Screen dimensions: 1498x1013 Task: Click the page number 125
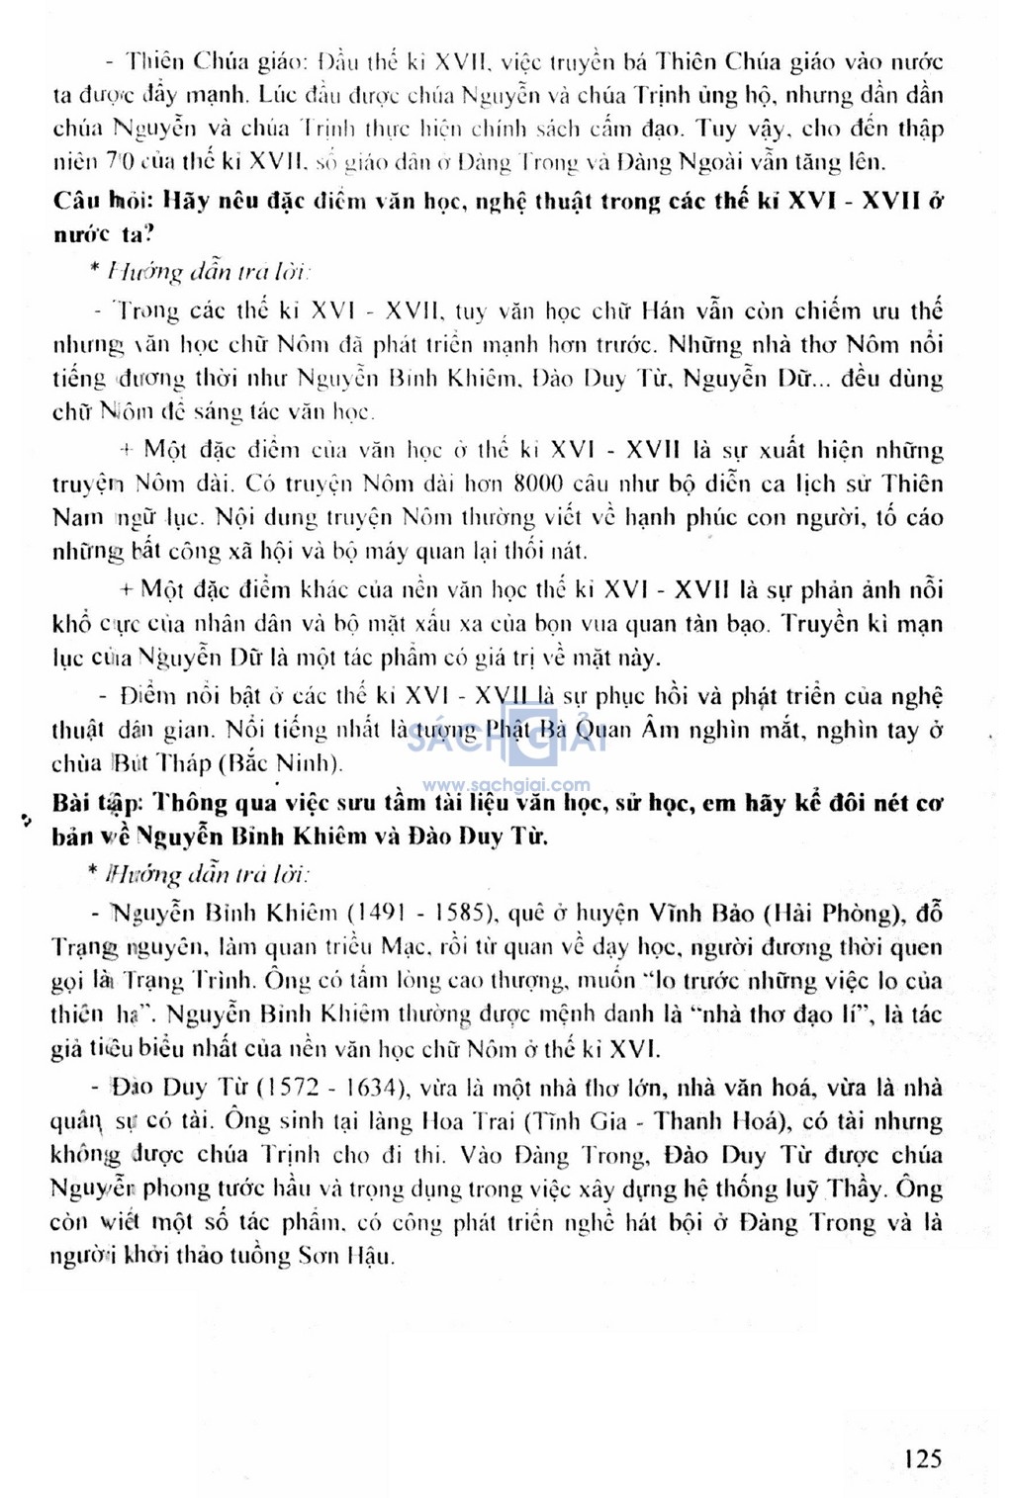coord(922,1457)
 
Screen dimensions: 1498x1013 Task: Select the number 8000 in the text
coord(538,484)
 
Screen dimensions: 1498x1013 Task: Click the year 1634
coord(366,1088)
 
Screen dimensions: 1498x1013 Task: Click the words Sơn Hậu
coord(348,1256)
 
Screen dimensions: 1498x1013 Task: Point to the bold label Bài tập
coord(98,802)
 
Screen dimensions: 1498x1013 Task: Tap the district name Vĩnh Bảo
coord(703,913)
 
